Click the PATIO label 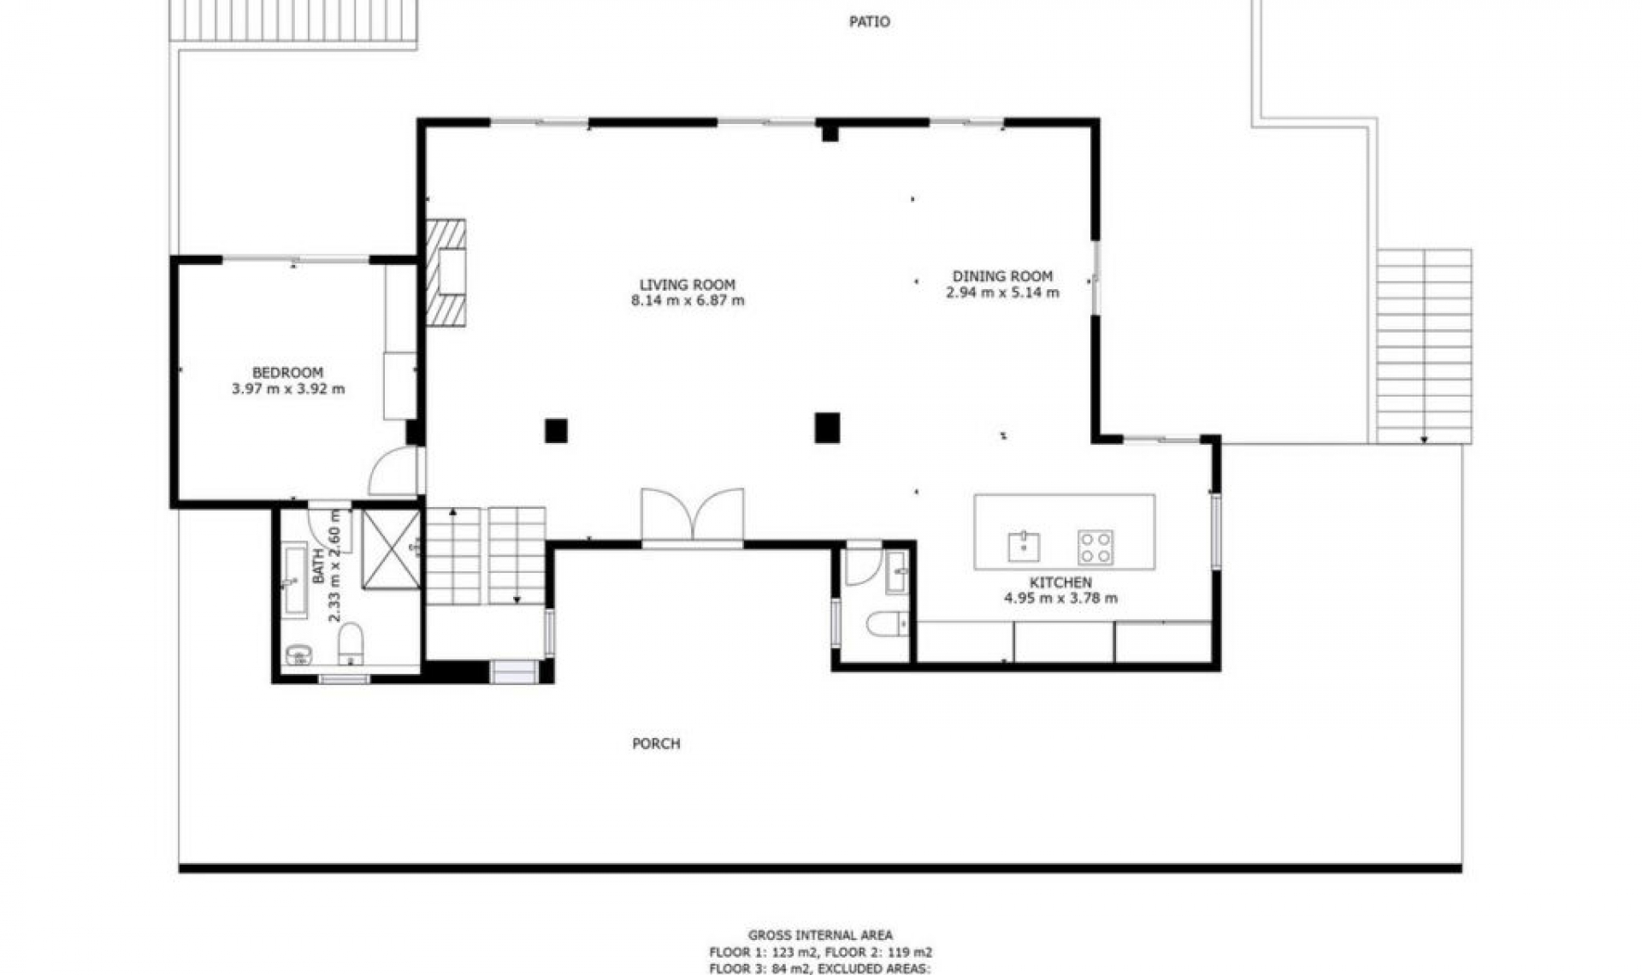[x=869, y=22]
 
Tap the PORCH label [x=656, y=744]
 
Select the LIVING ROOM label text [x=687, y=285]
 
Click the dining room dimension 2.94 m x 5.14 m [x=1002, y=292]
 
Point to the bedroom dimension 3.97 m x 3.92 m [x=288, y=389]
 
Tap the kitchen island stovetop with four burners [x=1095, y=547]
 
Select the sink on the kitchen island [x=1024, y=546]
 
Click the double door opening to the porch [x=693, y=516]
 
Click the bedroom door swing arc [x=393, y=473]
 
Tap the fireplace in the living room [x=447, y=273]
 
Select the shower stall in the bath [x=391, y=549]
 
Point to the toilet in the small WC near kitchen [x=885, y=624]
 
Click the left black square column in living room [x=556, y=431]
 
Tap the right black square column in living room [x=827, y=428]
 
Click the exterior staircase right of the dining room [x=1424, y=346]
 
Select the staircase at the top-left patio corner [x=293, y=21]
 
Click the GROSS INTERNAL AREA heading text [x=820, y=936]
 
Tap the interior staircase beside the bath [x=485, y=556]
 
